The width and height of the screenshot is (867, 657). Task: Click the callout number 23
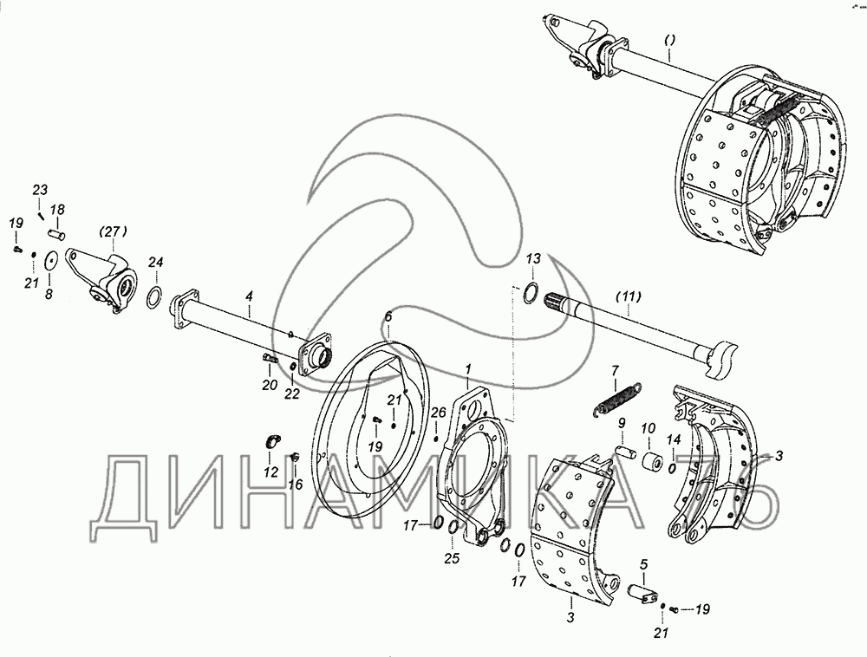42,191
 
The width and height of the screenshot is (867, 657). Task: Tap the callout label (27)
112,231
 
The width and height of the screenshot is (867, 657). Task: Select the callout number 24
155,262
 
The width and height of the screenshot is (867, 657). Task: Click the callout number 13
533,259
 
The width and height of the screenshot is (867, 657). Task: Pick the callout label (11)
629,296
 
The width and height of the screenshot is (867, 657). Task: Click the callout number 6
388,318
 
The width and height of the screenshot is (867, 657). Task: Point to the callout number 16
296,485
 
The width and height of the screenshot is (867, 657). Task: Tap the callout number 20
269,386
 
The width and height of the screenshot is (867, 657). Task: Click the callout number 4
249,297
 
